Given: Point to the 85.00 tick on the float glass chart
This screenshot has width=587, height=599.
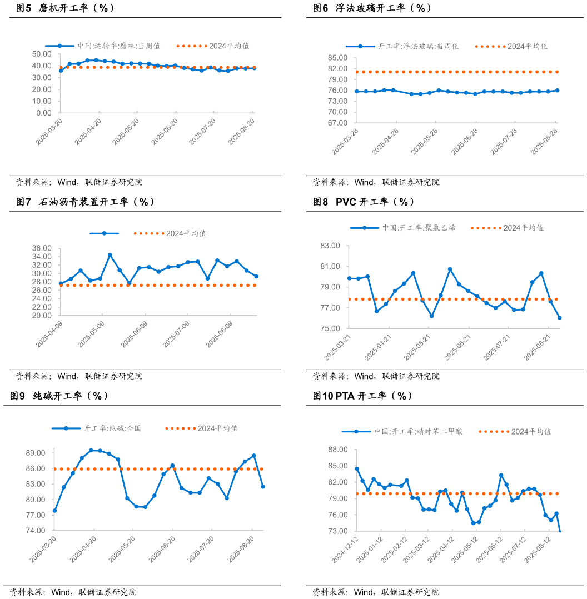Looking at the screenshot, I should (x=338, y=58).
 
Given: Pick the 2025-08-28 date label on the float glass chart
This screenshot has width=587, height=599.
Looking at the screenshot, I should (x=545, y=141).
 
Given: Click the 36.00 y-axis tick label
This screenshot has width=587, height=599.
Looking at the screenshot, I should (x=43, y=248).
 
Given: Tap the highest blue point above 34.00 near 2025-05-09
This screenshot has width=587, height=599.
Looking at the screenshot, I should (x=110, y=255).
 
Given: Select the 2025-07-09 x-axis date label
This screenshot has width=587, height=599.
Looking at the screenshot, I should (x=177, y=333).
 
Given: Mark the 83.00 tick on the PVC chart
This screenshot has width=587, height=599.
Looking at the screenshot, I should (x=330, y=246).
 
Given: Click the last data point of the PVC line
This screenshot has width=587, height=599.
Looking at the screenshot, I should (x=559, y=318).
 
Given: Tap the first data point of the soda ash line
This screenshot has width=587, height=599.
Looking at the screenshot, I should (x=54, y=511).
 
